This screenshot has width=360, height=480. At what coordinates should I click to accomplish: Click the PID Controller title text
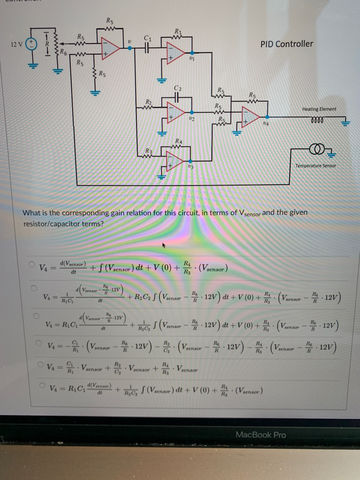coord(286,44)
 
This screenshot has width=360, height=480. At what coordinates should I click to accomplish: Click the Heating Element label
coord(319,109)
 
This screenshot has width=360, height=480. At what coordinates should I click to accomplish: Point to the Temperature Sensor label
coord(316,165)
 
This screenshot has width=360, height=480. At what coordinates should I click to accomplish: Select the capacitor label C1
coord(148,38)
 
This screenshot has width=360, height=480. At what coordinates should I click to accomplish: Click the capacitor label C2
coord(177,88)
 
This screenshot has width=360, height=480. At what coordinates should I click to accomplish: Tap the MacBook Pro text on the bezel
coord(261,435)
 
